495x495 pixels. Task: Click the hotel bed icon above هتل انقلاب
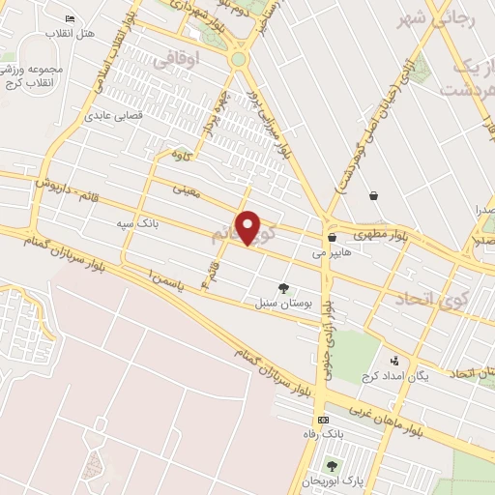coord(70,19)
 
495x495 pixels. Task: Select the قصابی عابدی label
coord(117,114)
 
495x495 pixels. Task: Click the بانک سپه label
coord(136,223)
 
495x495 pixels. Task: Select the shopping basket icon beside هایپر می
coord(332,236)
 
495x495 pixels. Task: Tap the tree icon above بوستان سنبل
coord(283,287)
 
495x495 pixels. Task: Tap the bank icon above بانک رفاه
coord(324,420)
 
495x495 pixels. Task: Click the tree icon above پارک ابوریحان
coord(333,466)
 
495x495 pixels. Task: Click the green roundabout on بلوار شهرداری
coord(238,59)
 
